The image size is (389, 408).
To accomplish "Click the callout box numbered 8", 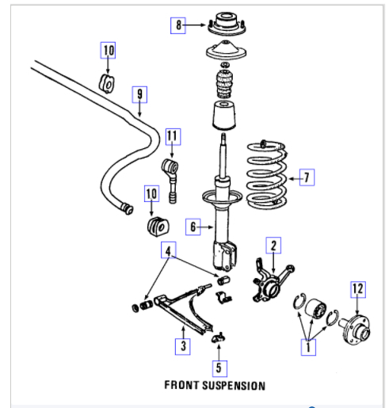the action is click(178, 25).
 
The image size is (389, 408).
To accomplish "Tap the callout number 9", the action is click(139, 94).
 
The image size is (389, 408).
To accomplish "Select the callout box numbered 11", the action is click(174, 136).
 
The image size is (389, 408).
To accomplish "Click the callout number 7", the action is click(307, 177).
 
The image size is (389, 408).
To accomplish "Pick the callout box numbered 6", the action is click(193, 227).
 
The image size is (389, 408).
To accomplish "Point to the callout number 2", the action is click(273, 246).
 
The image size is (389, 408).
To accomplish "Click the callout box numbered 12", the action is click(358, 290).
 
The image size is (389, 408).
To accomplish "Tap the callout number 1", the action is click(308, 347).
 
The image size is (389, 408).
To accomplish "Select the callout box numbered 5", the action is click(219, 368).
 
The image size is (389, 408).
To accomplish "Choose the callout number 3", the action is click(183, 346).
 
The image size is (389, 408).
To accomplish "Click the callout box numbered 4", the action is click(169, 250).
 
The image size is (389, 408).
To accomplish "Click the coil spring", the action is click(267, 175).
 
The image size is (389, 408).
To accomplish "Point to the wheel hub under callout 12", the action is click(355, 330).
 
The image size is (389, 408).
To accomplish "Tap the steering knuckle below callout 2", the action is click(272, 284).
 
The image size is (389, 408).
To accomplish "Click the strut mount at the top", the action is click(227, 25).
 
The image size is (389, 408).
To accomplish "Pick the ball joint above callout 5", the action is click(219, 337).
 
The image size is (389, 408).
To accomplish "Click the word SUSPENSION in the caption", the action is click(234, 386).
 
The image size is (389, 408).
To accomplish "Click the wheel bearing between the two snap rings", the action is click(315, 308).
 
